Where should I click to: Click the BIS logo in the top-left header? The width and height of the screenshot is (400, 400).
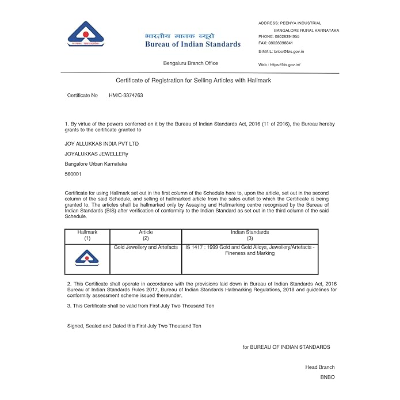click(86, 34)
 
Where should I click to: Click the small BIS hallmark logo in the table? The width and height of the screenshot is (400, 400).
click(87, 258)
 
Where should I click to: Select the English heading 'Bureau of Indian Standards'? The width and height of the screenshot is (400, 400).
click(193, 44)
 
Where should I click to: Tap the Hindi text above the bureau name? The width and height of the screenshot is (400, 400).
click(180, 35)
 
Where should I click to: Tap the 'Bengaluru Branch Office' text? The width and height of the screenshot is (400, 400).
click(191, 63)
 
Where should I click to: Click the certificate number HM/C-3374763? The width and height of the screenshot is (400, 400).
click(126, 95)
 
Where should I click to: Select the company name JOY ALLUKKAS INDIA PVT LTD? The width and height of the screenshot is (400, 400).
click(102, 143)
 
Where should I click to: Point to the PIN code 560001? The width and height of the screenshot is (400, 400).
click(73, 174)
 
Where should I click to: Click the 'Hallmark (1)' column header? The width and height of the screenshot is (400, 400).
click(87, 235)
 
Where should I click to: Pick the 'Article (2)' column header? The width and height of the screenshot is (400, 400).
click(146, 235)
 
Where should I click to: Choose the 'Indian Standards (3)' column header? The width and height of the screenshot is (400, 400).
click(250, 235)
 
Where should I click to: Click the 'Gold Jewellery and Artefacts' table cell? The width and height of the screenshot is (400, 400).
click(146, 247)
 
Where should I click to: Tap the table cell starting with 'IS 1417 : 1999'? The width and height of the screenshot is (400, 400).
click(250, 250)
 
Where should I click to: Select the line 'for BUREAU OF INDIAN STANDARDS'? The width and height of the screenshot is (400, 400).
click(286, 347)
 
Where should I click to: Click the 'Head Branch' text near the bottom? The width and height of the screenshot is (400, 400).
click(319, 367)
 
